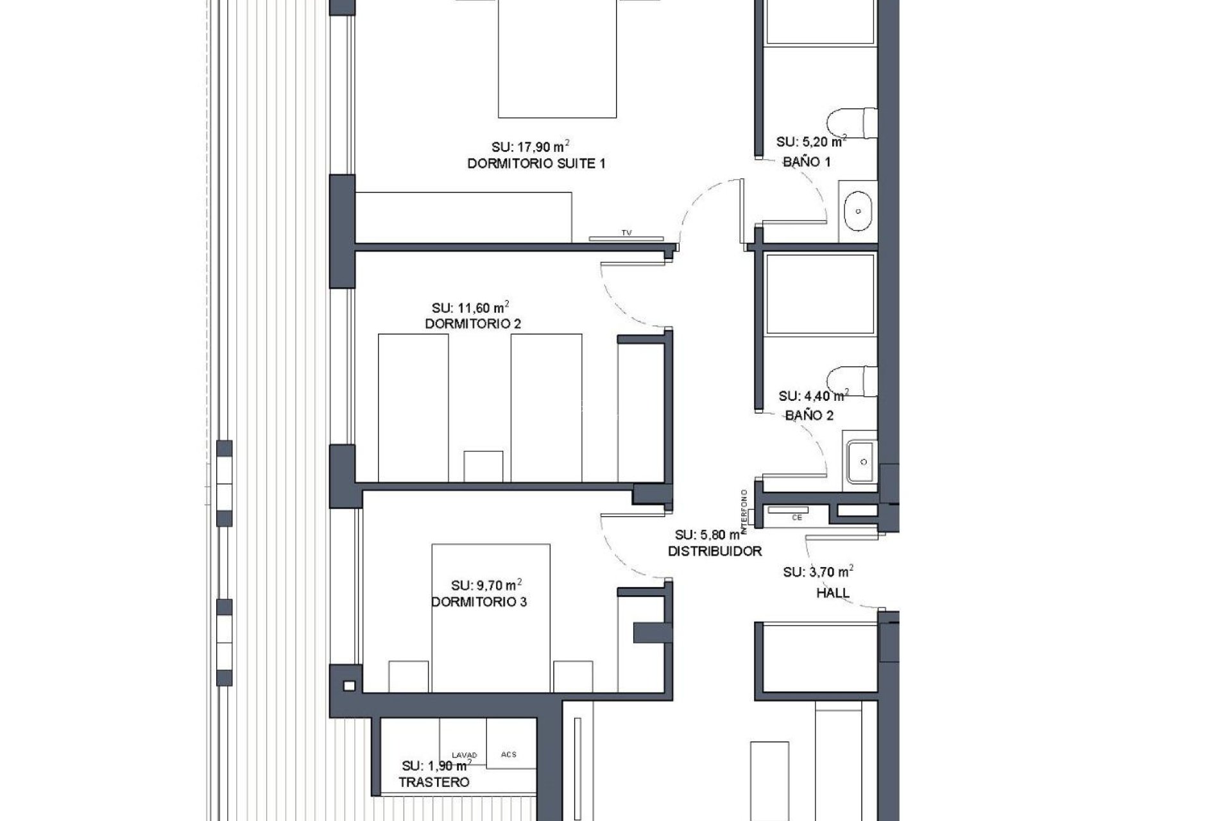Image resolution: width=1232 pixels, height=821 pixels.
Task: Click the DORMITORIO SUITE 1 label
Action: point(536,164)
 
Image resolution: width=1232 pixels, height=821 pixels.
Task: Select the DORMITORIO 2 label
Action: point(473,324)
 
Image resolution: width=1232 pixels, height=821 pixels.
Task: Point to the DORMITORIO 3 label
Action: point(479,602)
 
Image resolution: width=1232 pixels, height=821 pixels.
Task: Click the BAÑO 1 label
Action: point(807,162)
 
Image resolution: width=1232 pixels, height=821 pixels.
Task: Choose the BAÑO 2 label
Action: point(809,416)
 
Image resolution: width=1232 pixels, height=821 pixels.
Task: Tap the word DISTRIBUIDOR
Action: point(715,551)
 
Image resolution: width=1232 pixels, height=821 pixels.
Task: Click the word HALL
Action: point(832,593)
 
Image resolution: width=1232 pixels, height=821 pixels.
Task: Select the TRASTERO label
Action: point(434,783)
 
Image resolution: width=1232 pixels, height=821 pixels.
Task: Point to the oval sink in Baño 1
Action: point(857,210)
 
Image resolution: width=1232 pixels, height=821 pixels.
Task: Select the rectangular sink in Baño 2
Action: point(861,462)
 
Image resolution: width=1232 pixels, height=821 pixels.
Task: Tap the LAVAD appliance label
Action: point(464,755)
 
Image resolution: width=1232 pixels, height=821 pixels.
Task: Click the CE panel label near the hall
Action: point(796,517)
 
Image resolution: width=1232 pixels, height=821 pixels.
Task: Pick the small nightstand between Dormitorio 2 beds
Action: point(483,466)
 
